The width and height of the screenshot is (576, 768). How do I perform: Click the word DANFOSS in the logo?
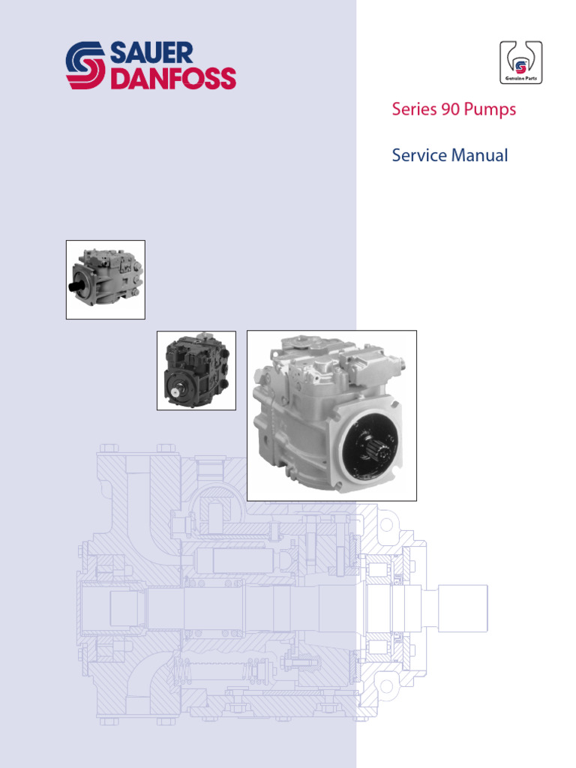coord(173,79)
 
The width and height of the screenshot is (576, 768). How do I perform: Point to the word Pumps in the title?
coord(490,109)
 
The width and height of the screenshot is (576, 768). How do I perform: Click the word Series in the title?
coord(413,109)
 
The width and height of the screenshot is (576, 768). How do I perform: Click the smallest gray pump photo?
coord(106,279)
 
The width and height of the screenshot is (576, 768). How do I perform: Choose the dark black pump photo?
coord(196,370)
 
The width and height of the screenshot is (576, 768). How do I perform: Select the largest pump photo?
coord(331,415)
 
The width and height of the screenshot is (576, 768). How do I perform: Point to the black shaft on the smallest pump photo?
coord(77,286)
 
